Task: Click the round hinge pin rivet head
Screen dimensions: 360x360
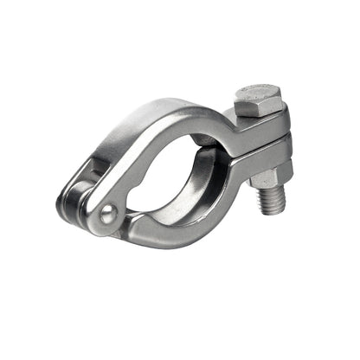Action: coord(106,214)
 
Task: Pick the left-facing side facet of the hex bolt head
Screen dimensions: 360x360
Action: coord(245,104)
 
